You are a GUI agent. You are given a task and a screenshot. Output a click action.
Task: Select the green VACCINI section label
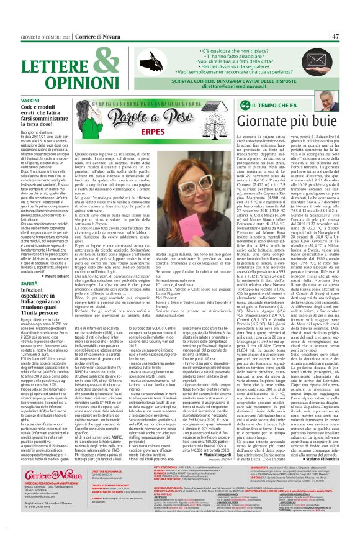[30, 100]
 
